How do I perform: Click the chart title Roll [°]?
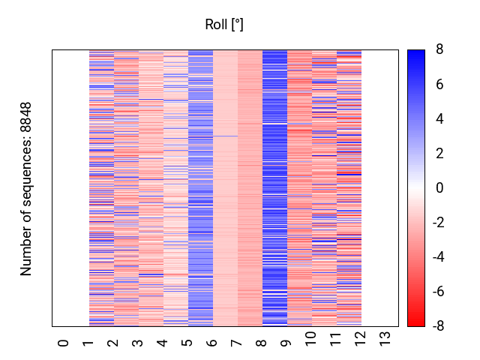[224, 25]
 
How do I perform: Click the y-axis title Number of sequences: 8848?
[25, 189]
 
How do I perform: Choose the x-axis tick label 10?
[310, 339]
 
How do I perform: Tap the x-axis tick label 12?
[360, 339]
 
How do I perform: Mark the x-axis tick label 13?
[385, 339]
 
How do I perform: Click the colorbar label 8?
[439, 49]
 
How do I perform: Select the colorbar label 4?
[439, 118]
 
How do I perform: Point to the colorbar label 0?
[439, 187]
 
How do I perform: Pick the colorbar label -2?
[438, 222]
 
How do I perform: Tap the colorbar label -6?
[438, 292]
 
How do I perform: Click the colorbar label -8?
[438, 326]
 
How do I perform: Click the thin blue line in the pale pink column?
[225, 136]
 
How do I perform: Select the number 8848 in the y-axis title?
[25, 118]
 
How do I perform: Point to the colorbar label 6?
[439, 84]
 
